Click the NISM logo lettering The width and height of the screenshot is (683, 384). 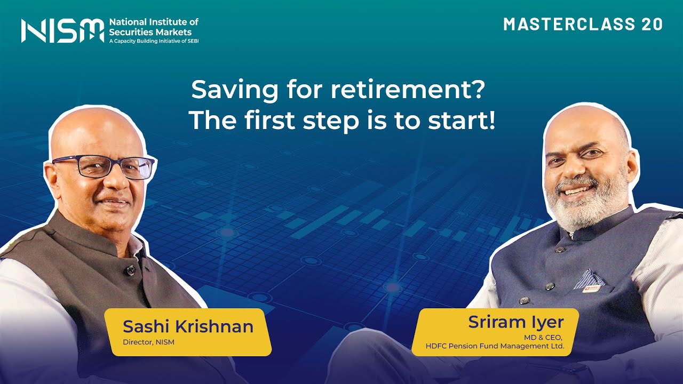coord(62,30)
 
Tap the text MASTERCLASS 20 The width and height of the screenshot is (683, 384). coord(583,25)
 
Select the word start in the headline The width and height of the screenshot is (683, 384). coord(460,121)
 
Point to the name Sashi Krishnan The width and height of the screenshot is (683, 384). coord(188,326)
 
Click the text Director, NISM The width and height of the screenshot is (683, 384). coord(148,342)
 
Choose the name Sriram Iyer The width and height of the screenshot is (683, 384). coord(516,322)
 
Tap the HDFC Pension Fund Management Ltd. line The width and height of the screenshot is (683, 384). coord(495,346)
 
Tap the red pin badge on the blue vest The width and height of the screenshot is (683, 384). coord(591,289)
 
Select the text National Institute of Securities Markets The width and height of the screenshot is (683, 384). coord(153,27)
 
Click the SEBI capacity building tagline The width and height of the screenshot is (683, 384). coord(154,41)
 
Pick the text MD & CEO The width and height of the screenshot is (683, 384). coord(545,337)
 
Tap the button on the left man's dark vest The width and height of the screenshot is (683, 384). coord(130,271)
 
